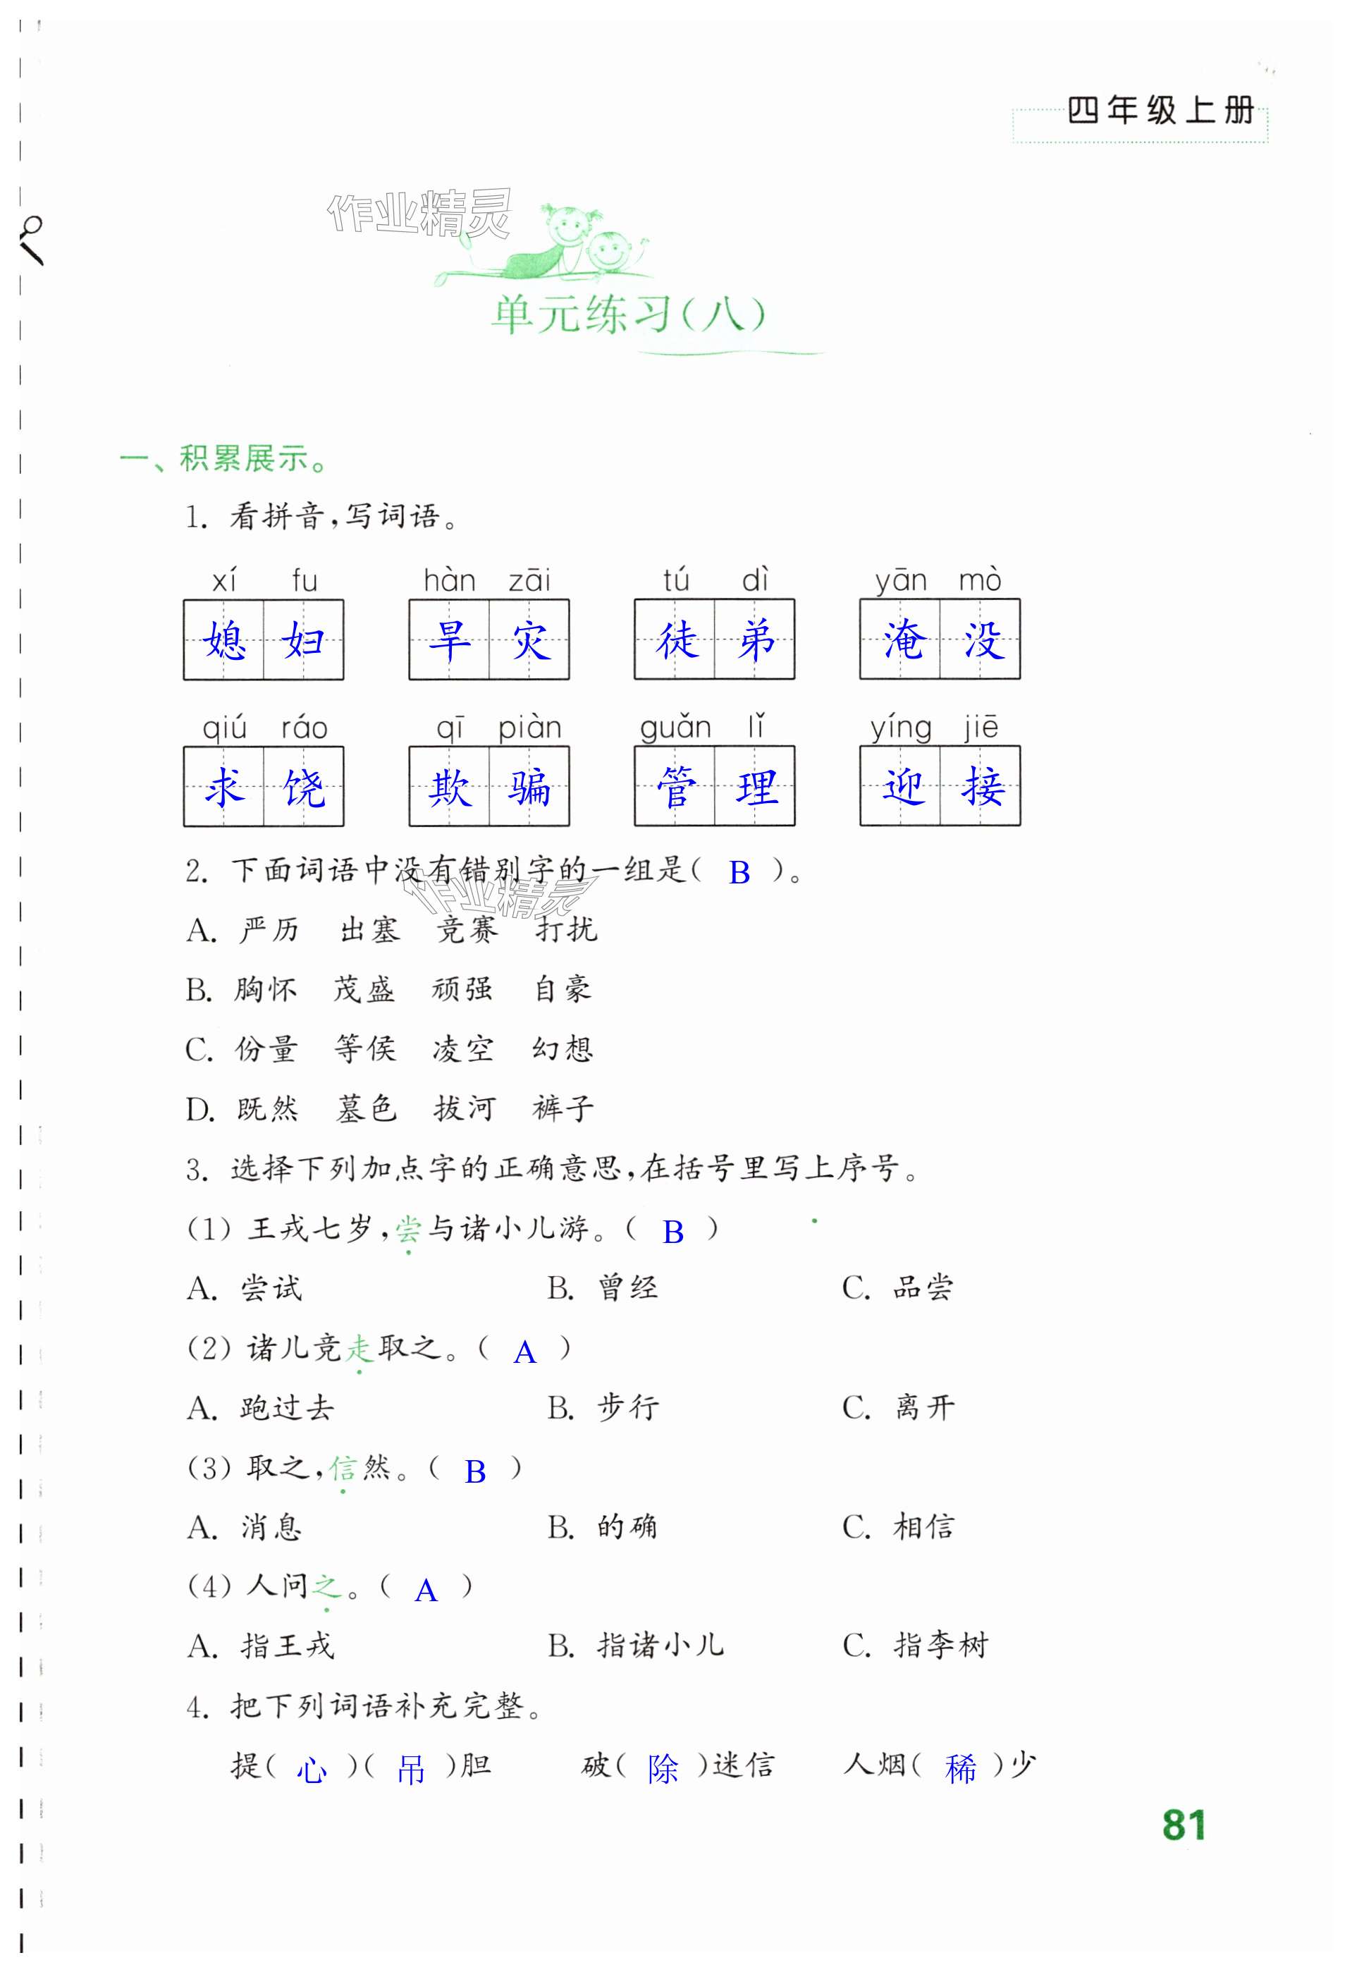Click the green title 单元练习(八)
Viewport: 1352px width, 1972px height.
click(x=627, y=315)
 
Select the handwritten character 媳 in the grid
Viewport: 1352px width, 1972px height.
click(x=225, y=639)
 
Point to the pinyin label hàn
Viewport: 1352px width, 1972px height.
click(x=449, y=581)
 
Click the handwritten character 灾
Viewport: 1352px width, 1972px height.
click(x=530, y=639)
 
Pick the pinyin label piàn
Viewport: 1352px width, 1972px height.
click(x=529, y=728)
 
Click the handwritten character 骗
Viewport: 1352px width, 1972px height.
click(x=530, y=788)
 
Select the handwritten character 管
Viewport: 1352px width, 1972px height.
click(x=675, y=788)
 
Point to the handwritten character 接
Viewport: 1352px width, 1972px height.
click(x=982, y=788)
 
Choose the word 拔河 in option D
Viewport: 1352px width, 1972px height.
click(x=463, y=1109)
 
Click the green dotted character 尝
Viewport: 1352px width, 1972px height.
click(x=408, y=1229)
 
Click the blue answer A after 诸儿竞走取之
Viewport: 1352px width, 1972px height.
click(x=524, y=1352)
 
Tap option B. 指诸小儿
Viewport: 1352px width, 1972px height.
click(x=636, y=1646)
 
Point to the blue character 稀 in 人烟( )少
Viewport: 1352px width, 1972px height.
click(x=960, y=1768)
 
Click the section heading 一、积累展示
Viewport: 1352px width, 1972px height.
click(x=224, y=459)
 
